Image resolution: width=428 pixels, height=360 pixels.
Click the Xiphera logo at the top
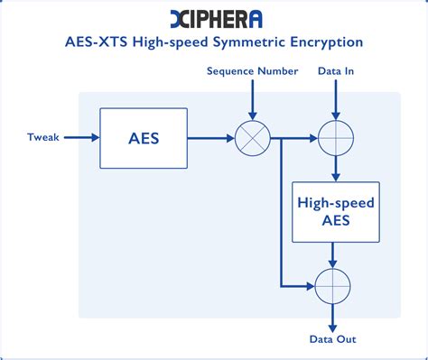[215, 17]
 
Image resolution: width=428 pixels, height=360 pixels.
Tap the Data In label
[336, 70]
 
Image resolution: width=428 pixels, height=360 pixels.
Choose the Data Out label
[333, 338]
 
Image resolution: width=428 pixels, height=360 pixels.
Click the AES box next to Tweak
[144, 139]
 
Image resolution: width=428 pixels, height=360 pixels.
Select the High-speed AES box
[335, 212]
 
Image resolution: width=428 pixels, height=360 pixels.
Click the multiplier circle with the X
[252, 139]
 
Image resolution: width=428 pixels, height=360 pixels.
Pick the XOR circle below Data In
[335, 139]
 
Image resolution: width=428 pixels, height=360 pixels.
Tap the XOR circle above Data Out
[335, 285]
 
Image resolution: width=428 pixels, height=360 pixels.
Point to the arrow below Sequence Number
[252, 99]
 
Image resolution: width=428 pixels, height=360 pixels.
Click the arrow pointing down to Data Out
[335, 316]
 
